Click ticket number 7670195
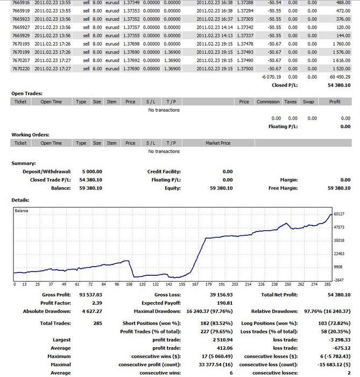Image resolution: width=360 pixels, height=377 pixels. [21, 44]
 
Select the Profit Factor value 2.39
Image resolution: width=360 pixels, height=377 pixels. [97, 303]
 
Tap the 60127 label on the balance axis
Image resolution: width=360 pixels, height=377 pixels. [339, 214]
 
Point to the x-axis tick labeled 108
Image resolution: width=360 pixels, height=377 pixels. [129, 284]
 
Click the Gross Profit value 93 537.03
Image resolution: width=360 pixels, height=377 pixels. [90, 295]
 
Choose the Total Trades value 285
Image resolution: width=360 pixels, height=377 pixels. [98, 323]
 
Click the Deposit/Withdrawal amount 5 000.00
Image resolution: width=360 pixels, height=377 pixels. [92, 172]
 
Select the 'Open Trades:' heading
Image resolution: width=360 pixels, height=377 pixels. [27, 94]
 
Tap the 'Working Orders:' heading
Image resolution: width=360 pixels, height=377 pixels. [31, 135]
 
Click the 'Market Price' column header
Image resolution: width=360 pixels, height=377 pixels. [218, 143]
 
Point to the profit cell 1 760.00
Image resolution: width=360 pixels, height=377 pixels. [342, 44]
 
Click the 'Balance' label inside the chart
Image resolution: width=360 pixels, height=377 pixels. [22, 211]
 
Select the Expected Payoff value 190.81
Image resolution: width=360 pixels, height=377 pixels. [225, 303]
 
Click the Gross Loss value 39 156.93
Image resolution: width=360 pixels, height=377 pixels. [221, 295]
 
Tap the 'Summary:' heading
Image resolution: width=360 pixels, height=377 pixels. [24, 163]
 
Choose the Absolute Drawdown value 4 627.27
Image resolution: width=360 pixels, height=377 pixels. [92, 311]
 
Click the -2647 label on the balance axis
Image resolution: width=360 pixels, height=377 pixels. [339, 280]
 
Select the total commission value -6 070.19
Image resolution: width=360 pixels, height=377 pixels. [271, 77]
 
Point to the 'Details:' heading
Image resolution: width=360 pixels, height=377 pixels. [20, 200]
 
